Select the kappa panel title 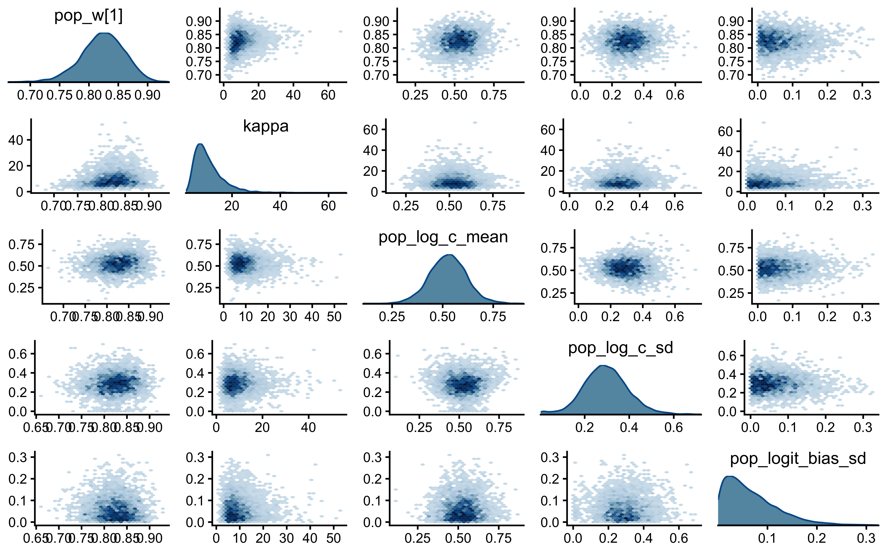pyautogui.click(x=266, y=126)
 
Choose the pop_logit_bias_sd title pyautogui.click(x=798, y=459)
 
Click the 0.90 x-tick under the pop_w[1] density pyautogui.click(x=147, y=95)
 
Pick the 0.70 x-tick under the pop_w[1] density pyautogui.click(x=30, y=95)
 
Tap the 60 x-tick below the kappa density pyautogui.click(x=328, y=206)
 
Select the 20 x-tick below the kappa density pyautogui.click(x=232, y=206)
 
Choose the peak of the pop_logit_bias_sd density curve pyautogui.click(x=729, y=476)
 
